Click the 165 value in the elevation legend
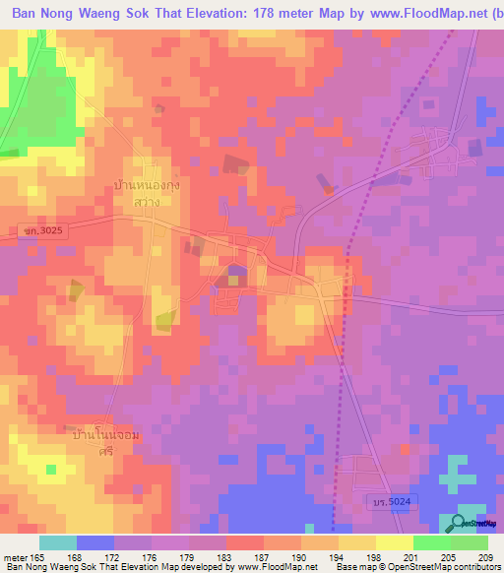coord(39,557)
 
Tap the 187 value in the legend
coord(244,557)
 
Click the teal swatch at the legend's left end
coord(58,542)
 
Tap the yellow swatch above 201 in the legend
coord(394,542)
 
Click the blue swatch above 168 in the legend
coord(95,542)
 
